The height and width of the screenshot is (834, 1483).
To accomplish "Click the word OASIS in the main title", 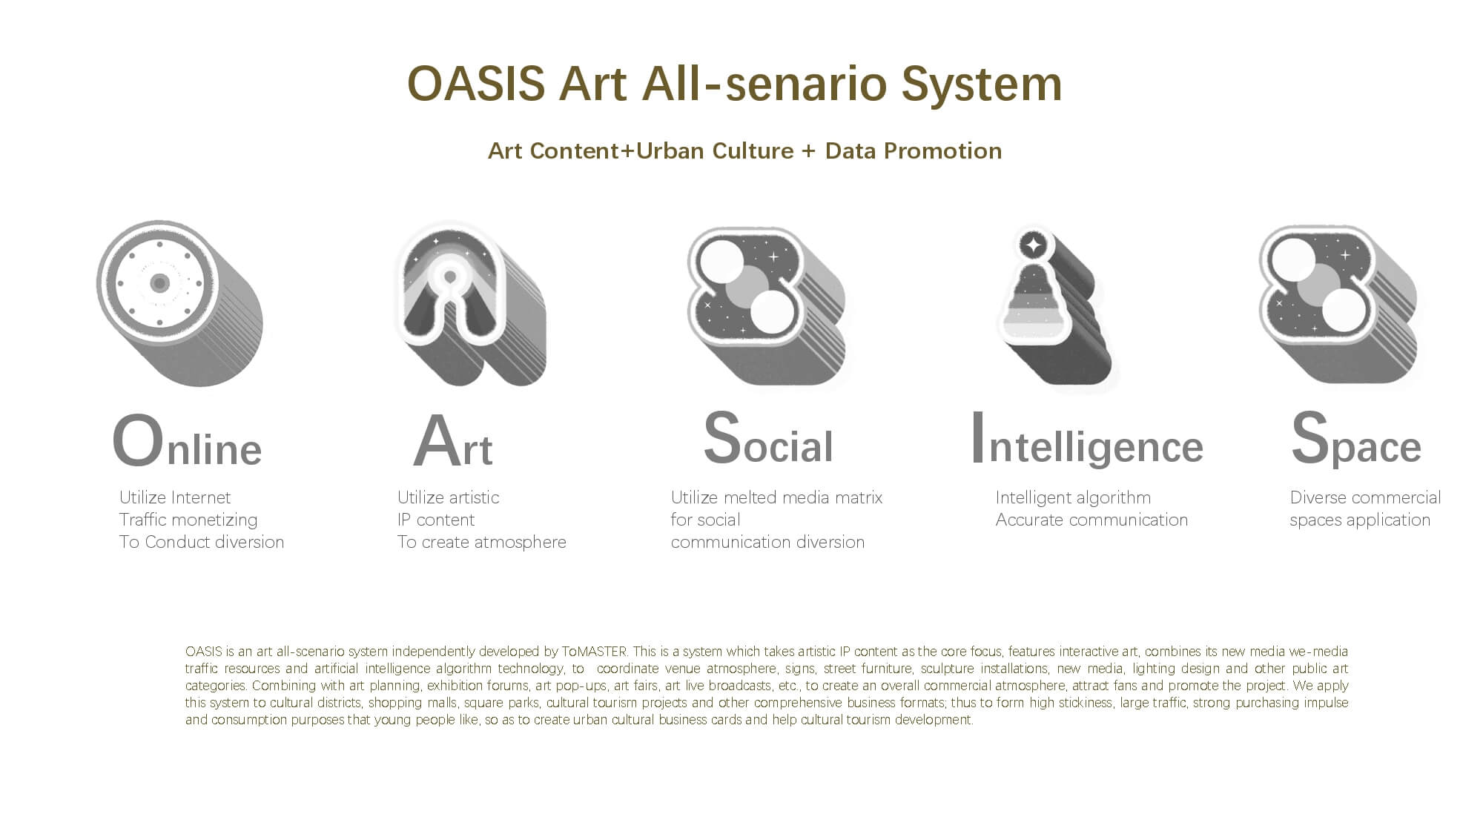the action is click(476, 83).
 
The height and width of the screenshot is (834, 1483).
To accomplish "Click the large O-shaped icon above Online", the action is click(179, 302).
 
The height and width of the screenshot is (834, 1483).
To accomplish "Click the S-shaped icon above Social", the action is click(767, 305).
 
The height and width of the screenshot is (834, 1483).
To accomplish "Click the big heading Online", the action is click(187, 441).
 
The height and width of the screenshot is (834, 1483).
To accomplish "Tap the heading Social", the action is click(768, 439).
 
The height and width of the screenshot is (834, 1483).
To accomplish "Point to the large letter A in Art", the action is click(436, 441).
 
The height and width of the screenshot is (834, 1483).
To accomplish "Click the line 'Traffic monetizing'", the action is click(188, 520).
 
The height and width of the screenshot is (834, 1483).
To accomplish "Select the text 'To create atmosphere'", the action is click(481, 542).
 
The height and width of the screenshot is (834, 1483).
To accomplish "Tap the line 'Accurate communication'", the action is click(1091, 520).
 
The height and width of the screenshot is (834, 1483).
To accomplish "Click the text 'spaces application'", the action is click(1360, 520).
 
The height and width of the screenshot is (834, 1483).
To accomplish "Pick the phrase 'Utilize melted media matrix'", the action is click(776, 497).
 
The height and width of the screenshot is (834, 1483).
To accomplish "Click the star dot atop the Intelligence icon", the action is click(1033, 244).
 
